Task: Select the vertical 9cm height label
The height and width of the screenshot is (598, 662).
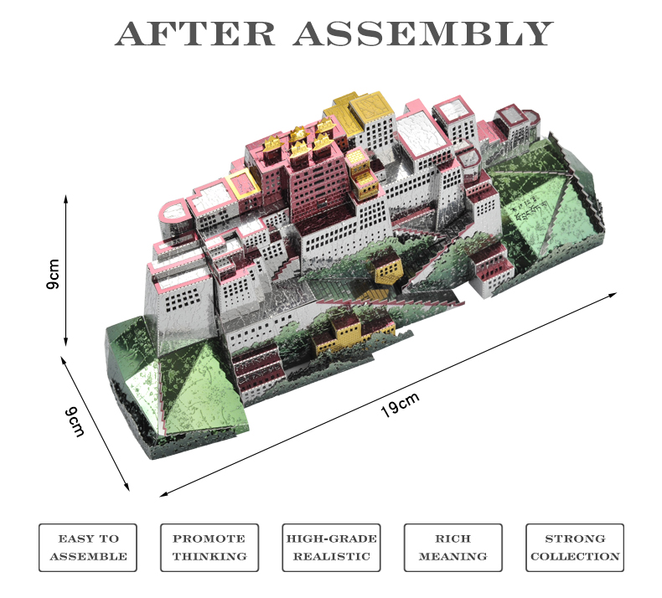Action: (x=54, y=273)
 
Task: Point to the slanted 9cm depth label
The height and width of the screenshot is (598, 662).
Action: (x=77, y=420)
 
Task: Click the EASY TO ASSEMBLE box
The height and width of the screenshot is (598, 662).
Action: (x=88, y=548)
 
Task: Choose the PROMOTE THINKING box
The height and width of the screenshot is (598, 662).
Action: (x=209, y=548)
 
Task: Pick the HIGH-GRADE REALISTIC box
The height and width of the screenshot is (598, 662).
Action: (x=331, y=548)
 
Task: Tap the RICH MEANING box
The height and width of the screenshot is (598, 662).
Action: (x=453, y=548)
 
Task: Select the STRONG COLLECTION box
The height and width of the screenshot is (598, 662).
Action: (x=574, y=548)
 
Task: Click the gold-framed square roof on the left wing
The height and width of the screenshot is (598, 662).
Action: (x=242, y=183)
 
